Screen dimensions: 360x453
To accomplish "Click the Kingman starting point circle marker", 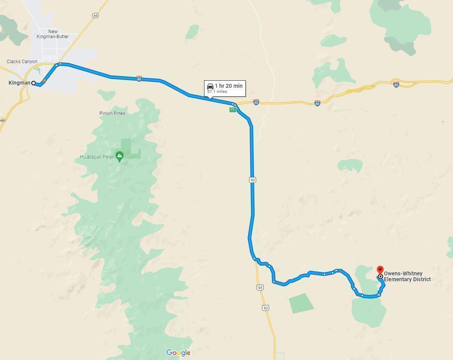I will [34, 83].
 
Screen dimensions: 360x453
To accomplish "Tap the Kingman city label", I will [19, 83].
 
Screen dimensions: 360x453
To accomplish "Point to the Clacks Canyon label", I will [22, 62].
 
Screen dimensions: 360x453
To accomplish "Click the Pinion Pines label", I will [112, 113].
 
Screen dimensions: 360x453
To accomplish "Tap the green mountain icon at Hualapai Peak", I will [120, 157].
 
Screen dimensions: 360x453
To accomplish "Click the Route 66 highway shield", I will [96, 16].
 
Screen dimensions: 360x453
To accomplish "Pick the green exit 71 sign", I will [233, 110].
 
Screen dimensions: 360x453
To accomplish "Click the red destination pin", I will [380, 270].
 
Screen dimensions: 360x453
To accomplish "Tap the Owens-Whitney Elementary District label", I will [407, 277].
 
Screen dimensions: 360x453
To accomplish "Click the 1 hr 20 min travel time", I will [229, 86].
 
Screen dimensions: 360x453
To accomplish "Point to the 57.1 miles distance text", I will [217, 92].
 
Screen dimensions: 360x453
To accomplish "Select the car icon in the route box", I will [210, 86].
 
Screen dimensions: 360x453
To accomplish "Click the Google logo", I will [178, 353].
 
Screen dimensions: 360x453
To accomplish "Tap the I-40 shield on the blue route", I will [139, 79].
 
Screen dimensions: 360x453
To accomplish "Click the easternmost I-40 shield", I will [396, 85].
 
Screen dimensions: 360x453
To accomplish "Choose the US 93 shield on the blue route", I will [253, 180].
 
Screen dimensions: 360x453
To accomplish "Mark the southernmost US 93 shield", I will [266, 308].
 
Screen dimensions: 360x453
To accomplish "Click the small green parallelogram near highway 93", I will [302, 303].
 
